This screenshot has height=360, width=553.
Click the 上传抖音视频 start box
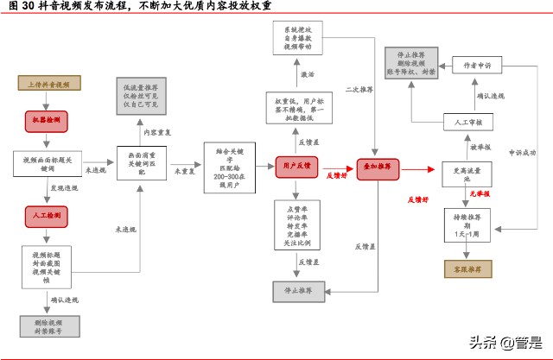49,84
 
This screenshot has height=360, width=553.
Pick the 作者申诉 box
477,64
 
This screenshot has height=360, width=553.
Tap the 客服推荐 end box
467,268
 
